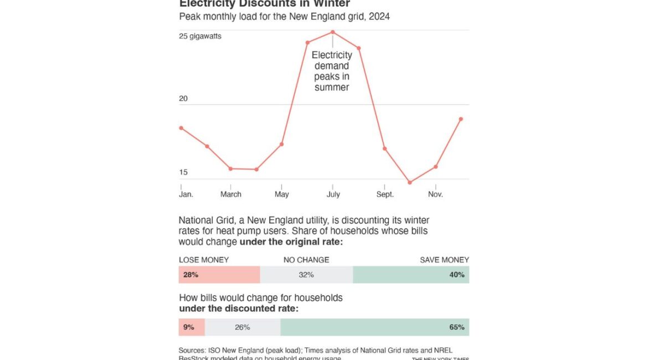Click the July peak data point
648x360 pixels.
point(332,32)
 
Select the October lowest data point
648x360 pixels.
point(410,182)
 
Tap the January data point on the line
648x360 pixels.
point(181,128)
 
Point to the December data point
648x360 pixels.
point(461,119)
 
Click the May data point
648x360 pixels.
point(282,144)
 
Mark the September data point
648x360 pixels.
point(384,148)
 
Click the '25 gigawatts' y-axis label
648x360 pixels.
point(200,37)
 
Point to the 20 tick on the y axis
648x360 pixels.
point(183,99)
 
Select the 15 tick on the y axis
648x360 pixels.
point(183,172)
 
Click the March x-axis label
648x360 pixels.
point(231,194)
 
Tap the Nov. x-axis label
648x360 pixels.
point(435,194)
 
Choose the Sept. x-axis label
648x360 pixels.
point(385,194)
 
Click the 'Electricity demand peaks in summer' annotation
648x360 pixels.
point(332,71)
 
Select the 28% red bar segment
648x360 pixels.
point(219,275)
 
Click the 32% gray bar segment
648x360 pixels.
point(306,275)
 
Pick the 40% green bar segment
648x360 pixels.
point(411,275)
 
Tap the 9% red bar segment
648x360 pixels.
point(191,327)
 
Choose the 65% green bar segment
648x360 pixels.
point(374,327)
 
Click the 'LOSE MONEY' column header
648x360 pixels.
point(203,260)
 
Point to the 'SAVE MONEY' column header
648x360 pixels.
point(444,260)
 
